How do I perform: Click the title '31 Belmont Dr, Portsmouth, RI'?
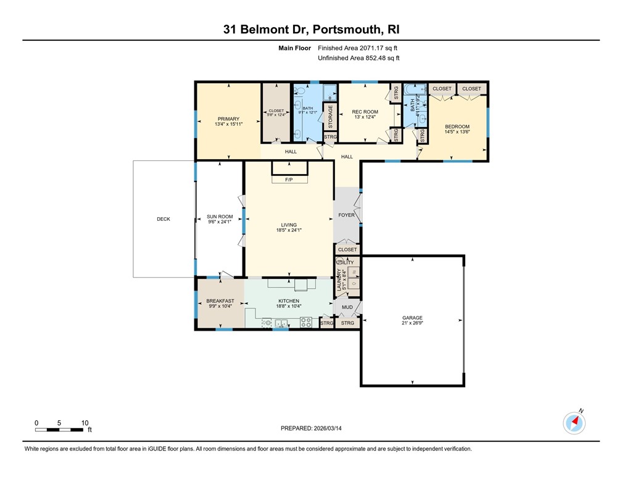point(311,30)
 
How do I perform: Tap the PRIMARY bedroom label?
point(228,119)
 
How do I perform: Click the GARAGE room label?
point(413,318)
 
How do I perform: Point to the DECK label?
point(163,219)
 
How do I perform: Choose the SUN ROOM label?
point(220,217)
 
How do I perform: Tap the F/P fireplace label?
point(289,180)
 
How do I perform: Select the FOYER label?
point(347,215)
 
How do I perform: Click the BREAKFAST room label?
point(220,301)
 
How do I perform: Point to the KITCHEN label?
point(288,301)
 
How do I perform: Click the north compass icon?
point(574,423)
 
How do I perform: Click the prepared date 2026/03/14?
point(311,428)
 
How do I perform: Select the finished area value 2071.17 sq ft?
point(359,48)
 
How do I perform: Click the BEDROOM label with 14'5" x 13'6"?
point(457,126)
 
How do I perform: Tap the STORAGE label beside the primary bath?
point(331,117)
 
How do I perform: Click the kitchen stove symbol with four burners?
point(305,321)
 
